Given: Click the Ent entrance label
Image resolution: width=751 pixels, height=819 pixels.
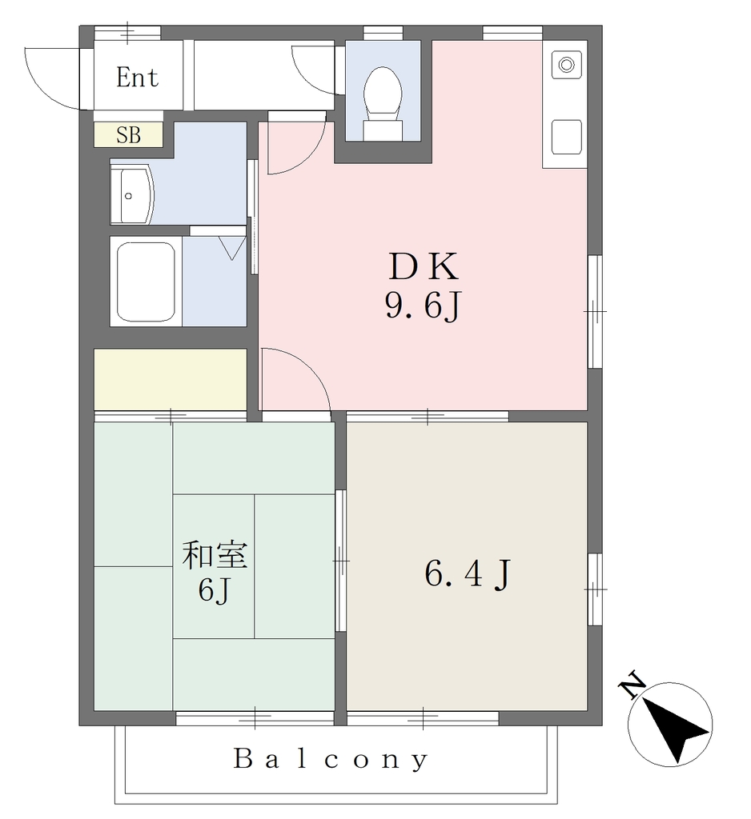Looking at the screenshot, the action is click(x=137, y=78).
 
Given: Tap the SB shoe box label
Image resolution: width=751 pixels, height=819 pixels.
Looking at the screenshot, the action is click(x=128, y=135).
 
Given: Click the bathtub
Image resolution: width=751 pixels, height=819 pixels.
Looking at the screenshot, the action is click(x=146, y=282).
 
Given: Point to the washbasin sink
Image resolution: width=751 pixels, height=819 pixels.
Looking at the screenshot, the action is click(x=132, y=195).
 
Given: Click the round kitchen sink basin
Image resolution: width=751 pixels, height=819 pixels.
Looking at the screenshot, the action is click(x=566, y=65).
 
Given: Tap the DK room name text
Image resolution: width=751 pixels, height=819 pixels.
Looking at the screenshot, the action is click(x=423, y=266).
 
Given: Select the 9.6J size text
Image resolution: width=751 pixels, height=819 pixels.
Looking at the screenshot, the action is click(x=423, y=306).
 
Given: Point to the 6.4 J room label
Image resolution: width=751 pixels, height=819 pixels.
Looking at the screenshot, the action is click(x=467, y=573).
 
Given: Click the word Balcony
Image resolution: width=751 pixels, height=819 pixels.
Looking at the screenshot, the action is click(x=331, y=759).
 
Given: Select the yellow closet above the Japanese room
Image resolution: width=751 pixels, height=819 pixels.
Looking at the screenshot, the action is click(x=171, y=380).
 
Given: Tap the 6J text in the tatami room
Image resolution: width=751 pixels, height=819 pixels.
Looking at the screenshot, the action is click(x=214, y=591).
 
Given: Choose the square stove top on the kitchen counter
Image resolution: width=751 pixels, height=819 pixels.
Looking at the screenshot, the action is click(x=566, y=137).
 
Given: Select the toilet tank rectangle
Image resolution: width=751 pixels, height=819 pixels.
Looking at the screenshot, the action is click(x=383, y=130).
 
